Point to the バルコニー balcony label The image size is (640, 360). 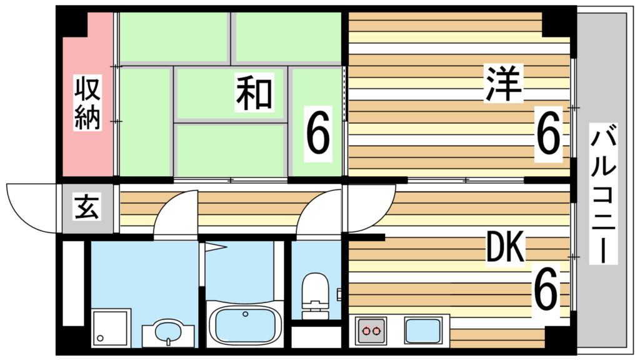pyautogui.click(x=604, y=194)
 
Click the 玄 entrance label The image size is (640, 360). pyautogui.click(x=87, y=208)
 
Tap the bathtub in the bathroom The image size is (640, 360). pyautogui.click(x=246, y=322)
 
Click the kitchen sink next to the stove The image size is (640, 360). pyautogui.click(x=424, y=330)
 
